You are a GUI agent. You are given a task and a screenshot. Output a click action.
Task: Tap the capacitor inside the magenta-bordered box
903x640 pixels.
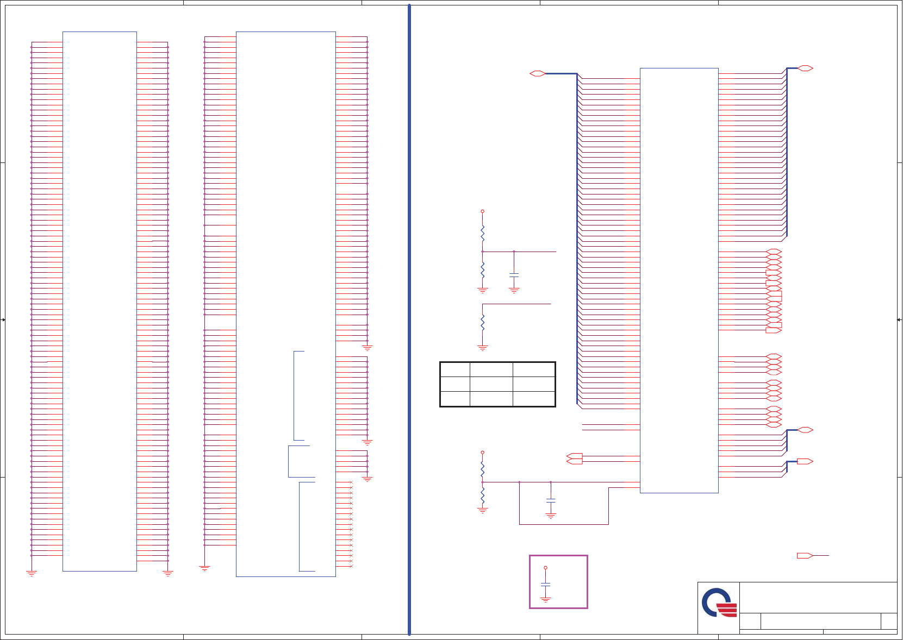tap(545, 585)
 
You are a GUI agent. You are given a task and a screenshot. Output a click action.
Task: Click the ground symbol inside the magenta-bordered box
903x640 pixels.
tap(545, 599)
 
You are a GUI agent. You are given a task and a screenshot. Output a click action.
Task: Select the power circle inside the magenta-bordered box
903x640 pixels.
tap(545, 568)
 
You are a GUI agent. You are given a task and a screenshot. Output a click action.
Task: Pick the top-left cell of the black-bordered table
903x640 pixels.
tap(455, 370)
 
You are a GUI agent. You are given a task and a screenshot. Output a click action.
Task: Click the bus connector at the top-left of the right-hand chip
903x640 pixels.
tap(537, 73)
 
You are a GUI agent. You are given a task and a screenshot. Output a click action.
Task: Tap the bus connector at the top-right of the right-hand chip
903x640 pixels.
tap(805, 68)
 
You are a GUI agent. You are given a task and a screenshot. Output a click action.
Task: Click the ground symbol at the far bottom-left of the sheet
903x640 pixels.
tap(32, 573)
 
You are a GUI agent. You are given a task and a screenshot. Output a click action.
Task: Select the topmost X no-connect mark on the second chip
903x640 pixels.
tap(351, 482)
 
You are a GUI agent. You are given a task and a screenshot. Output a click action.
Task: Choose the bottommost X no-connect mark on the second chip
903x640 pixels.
tap(351, 566)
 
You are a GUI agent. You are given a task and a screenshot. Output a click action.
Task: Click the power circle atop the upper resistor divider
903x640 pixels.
tap(482, 211)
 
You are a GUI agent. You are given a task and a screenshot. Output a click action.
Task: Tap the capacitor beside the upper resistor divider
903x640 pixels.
tap(514, 275)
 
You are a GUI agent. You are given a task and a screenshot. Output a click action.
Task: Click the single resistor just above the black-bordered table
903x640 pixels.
tap(482, 322)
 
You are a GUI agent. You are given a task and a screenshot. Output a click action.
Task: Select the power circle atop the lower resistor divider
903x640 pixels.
tap(482, 452)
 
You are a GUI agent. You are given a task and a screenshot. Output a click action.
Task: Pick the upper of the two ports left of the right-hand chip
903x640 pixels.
tap(574, 456)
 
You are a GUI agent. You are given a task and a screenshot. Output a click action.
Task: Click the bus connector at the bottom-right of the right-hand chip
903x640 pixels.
tap(805, 461)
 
